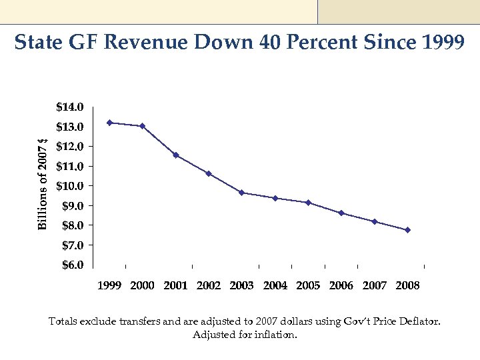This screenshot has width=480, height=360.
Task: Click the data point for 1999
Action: tap(109, 123)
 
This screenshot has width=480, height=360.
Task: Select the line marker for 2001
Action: tap(175, 155)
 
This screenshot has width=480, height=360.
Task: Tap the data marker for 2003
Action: tap(242, 193)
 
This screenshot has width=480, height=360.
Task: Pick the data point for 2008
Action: tap(407, 230)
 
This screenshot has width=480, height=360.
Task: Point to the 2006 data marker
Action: tap(341, 213)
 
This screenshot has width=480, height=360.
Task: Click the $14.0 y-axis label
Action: tap(70, 107)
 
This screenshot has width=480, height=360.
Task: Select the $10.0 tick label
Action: tap(70, 186)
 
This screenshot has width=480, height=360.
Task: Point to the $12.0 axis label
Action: tap(70, 146)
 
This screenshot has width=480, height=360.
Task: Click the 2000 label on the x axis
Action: tap(142, 286)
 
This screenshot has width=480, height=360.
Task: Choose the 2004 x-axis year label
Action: tap(275, 286)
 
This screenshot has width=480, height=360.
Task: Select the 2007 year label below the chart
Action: tap(375, 286)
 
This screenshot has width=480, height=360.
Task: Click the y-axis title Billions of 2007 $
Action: tap(43, 183)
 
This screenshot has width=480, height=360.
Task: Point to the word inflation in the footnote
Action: tap(275, 335)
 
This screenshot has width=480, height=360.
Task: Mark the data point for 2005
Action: tap(308, 203)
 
